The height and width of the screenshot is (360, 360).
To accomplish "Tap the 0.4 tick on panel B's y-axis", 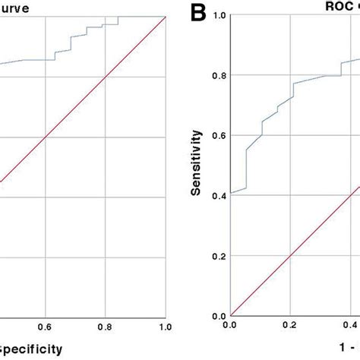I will pyautogui.click(x=218, y=196).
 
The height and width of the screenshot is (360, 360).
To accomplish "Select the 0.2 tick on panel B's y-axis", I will pyautogui.click(x=218, y=256).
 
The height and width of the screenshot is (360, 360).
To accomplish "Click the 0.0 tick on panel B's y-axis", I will pyautogui.click(x=218, y=316).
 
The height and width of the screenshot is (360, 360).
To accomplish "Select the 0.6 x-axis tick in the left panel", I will pyautogui.click(x=46, y=327).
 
